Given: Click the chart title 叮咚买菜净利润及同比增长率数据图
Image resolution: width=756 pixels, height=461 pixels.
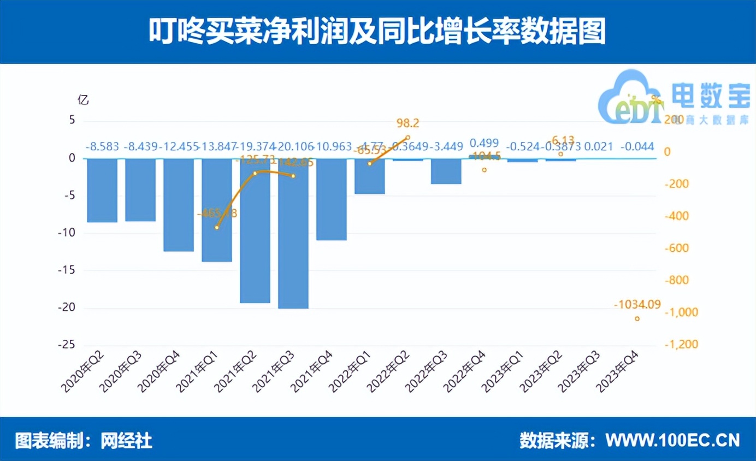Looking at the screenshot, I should pos(377,32).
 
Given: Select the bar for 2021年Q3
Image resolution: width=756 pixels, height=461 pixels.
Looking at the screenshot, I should pos(293,234).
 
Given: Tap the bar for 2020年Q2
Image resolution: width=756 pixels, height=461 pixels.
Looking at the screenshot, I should pos(102,191).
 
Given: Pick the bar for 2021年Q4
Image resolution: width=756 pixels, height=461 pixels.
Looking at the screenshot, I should pos(332,199).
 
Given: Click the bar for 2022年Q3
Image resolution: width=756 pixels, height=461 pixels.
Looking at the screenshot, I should pos(446,172).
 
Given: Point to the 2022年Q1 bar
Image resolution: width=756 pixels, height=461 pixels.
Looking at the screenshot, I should pos(370,176).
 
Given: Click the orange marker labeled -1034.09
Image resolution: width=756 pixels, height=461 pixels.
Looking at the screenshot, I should pos(637,318).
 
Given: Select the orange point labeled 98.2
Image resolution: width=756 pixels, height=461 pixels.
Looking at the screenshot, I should pos(407,138).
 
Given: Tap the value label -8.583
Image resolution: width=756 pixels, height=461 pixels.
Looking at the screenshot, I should pos(102,147).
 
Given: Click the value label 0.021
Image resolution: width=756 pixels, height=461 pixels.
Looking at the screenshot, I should pos(598,147).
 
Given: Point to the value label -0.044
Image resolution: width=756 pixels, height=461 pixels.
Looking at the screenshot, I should pos(637,147).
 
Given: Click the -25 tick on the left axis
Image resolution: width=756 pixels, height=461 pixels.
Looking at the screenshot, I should pos(67,345).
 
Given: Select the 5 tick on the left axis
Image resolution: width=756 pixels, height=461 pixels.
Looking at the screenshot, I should pos(71,121).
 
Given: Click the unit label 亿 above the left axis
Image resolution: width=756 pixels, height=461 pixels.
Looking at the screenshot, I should pos(83,100).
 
